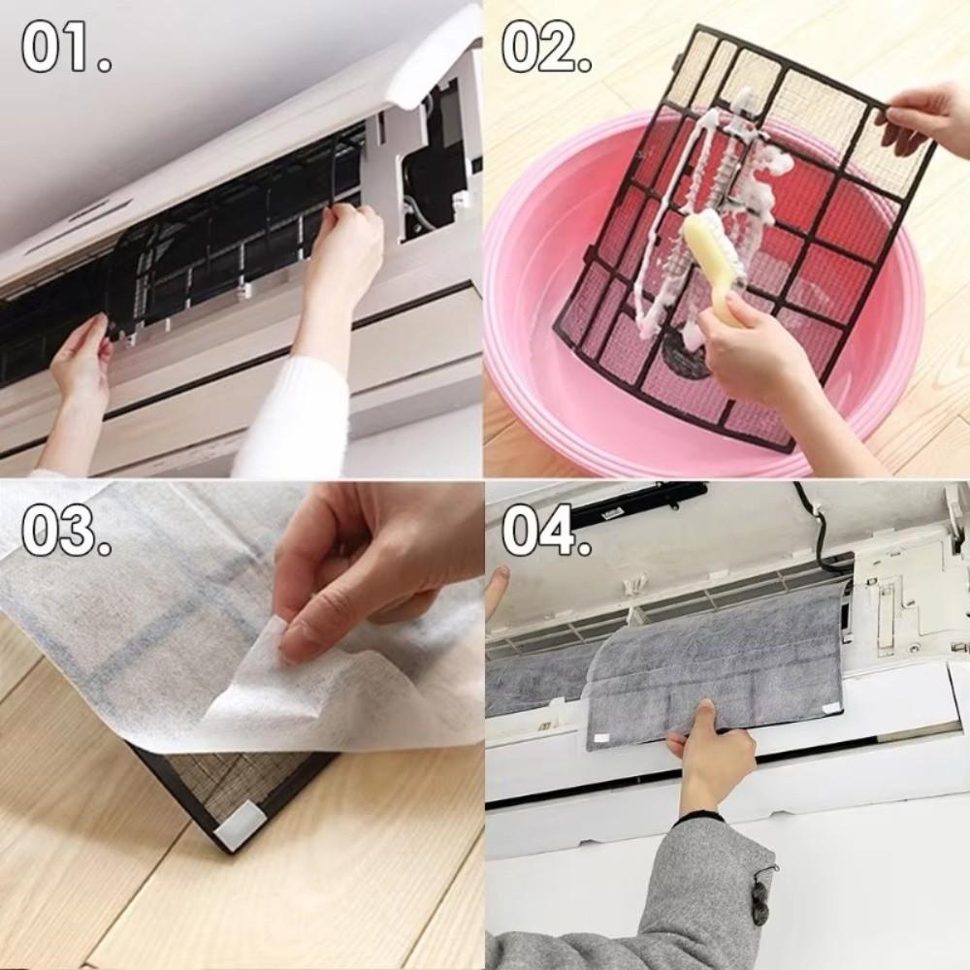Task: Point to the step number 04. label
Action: coord(547,531)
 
